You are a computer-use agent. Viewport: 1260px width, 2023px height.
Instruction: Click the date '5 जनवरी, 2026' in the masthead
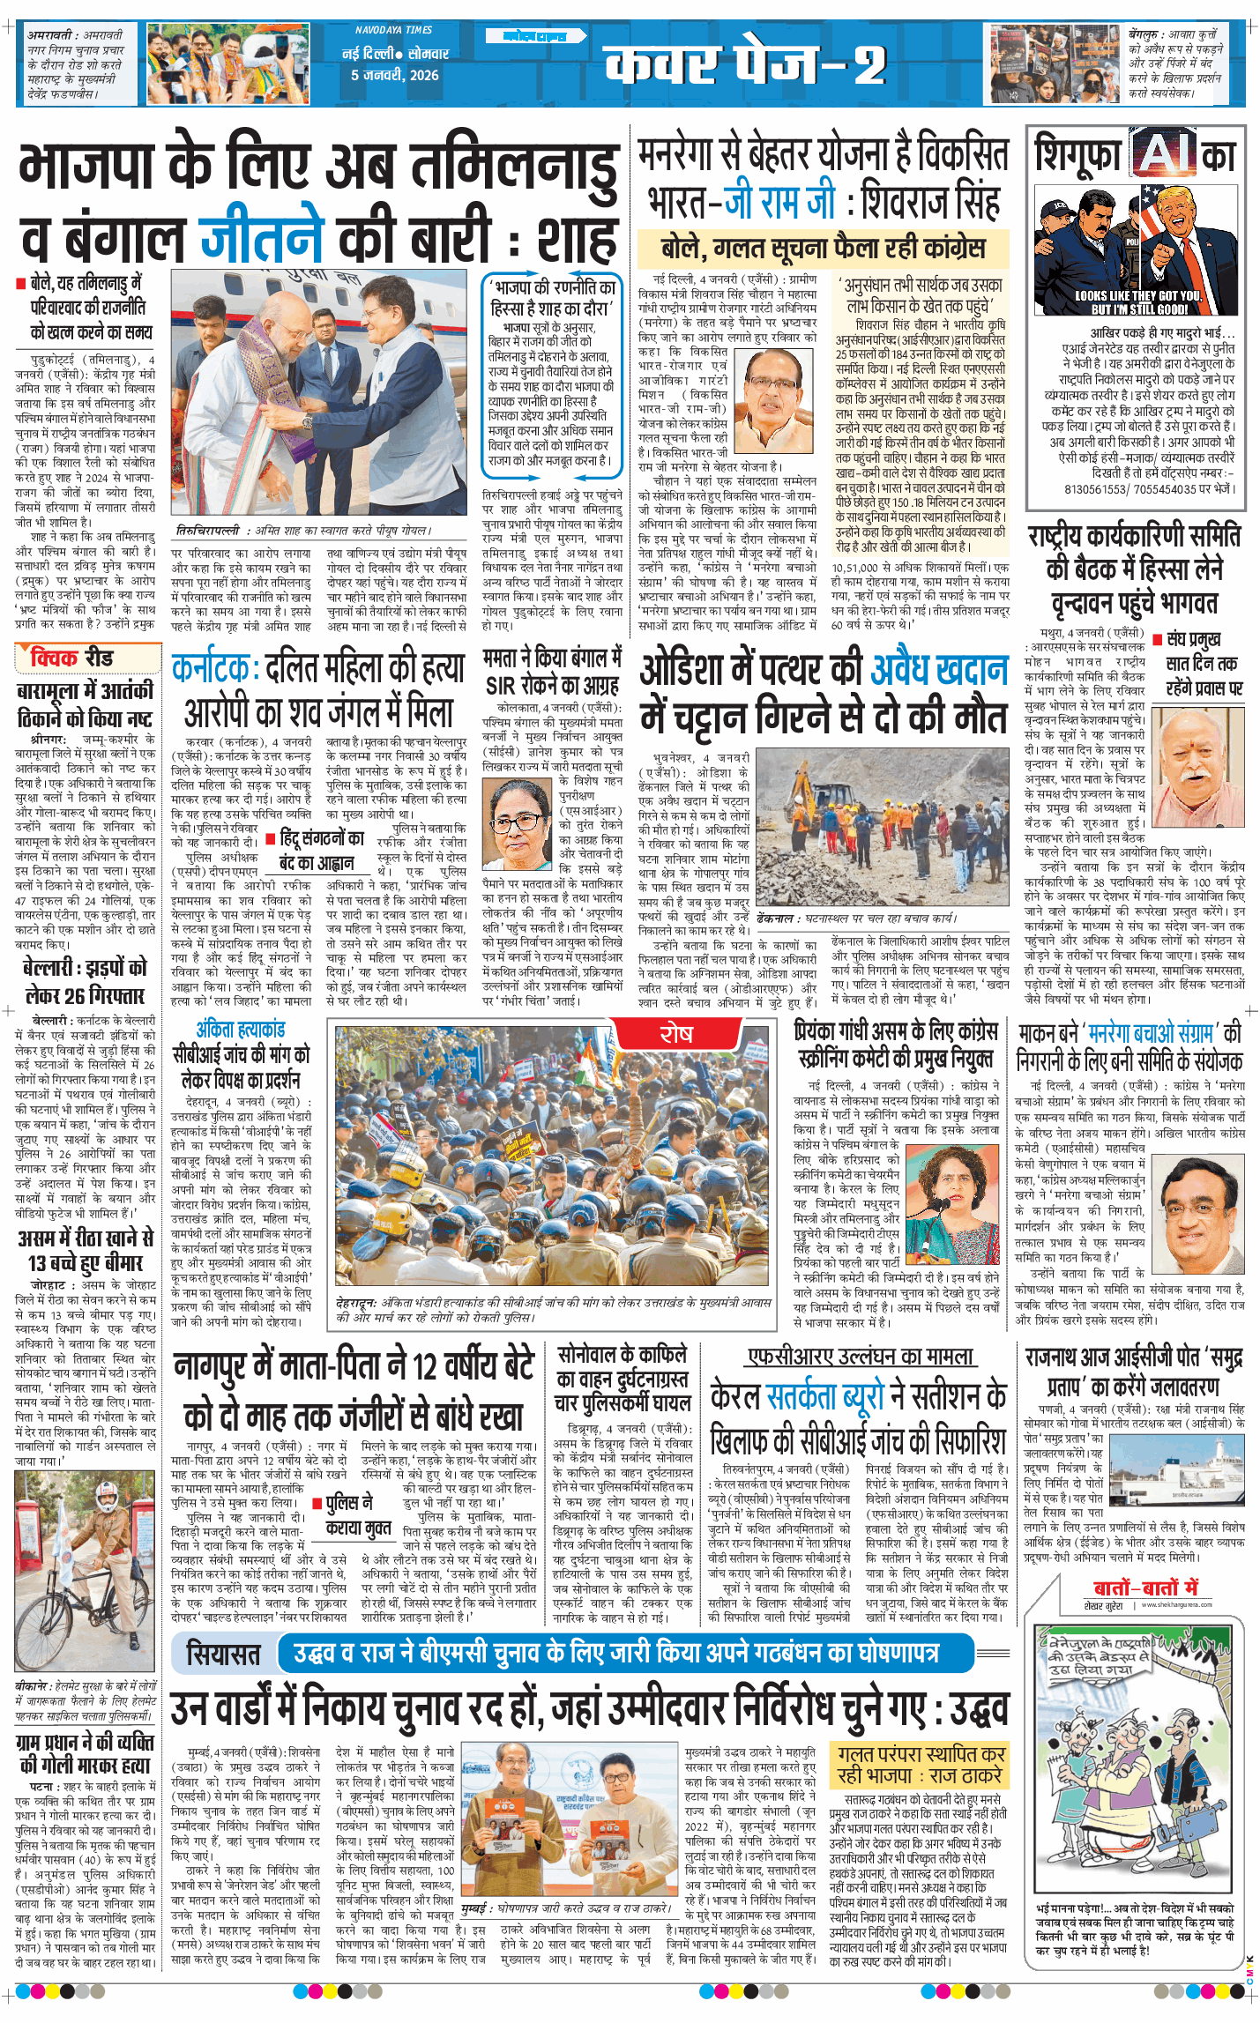coord(394,75)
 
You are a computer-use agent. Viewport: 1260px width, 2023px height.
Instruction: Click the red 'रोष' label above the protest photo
coord(676,1034)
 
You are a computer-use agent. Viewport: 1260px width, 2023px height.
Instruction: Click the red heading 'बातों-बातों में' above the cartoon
coord(1144,1588)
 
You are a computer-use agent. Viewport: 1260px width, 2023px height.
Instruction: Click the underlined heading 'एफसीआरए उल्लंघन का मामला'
coord(860,1357)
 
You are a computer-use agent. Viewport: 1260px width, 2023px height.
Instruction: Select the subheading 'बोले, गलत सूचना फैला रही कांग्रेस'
coord(822,249)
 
